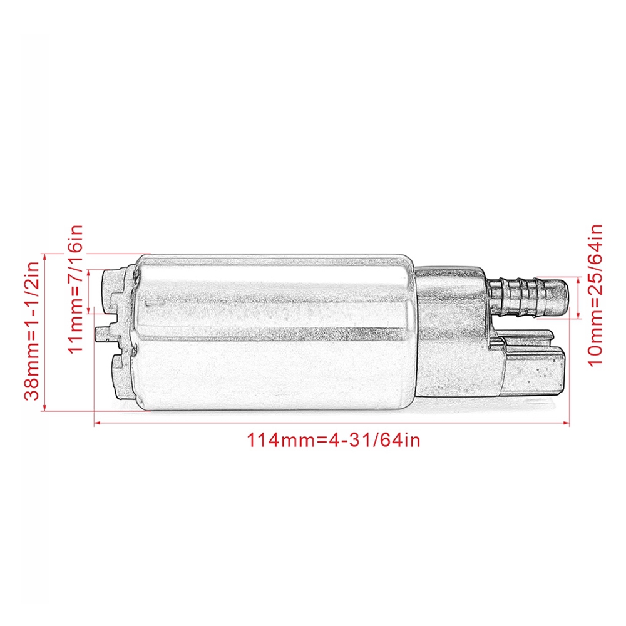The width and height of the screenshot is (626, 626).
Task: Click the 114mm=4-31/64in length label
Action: (334, 440)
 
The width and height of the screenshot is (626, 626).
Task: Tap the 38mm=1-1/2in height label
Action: (32, 331)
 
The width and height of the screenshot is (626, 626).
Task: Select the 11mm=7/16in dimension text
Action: (75, 289)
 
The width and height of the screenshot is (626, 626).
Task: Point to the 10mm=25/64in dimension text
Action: (595, 295)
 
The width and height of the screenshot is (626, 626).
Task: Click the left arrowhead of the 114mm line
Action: (97, 423)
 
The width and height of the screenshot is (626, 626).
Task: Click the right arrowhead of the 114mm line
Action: (566, 423)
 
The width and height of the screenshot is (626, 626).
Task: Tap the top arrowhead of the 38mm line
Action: (44, 257)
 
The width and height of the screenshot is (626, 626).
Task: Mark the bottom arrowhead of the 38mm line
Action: (44, 407)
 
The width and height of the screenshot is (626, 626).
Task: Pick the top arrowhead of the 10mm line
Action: (579, 280)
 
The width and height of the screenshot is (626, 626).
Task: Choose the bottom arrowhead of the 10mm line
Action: (579, 316)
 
